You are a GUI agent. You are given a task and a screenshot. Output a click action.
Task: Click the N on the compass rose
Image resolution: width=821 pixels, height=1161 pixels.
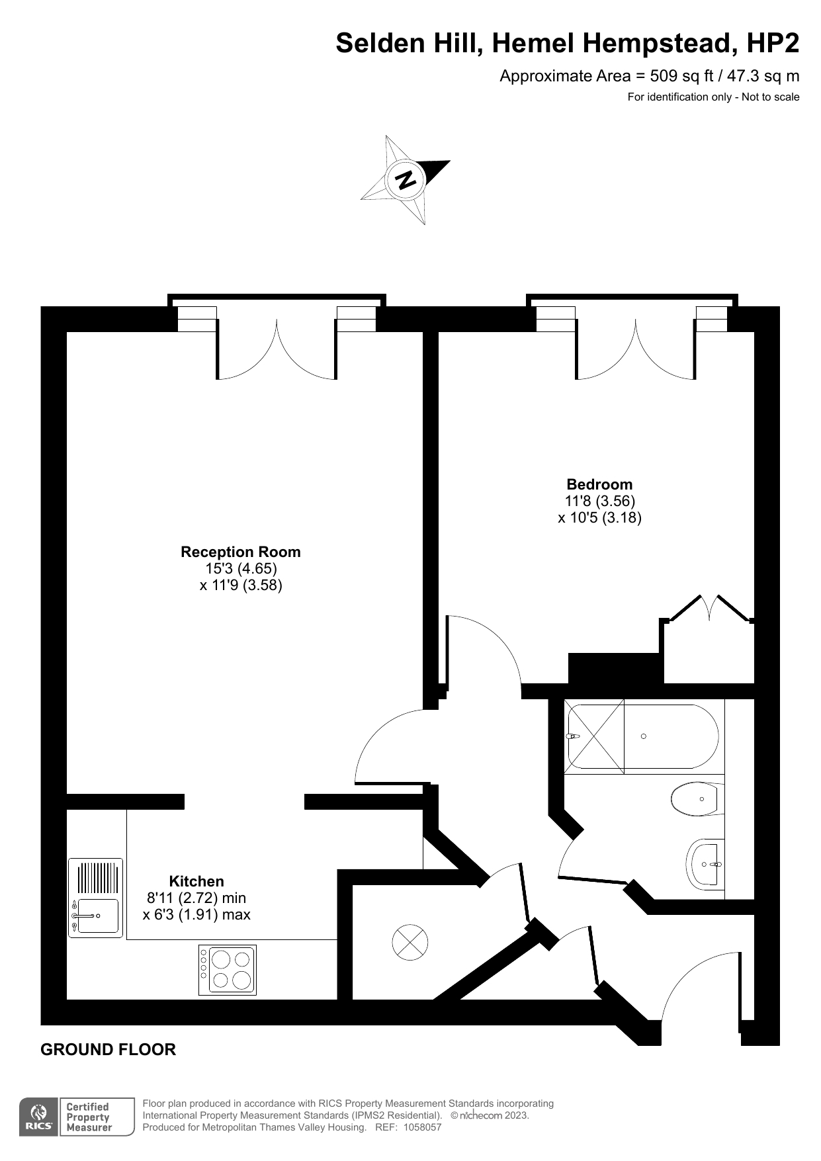pos(406,179)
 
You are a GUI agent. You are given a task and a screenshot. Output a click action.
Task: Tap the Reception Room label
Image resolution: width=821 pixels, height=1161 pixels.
pos(241,552)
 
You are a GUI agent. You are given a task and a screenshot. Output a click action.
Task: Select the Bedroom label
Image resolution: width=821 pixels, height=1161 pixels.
pos(599,484)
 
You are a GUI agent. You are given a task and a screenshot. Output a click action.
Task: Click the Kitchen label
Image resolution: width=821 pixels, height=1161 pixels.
pos(196,881)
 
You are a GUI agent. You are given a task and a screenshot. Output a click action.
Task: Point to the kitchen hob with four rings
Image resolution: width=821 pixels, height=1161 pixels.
pos(228,970)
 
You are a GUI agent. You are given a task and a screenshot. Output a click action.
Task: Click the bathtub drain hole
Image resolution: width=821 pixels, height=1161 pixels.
pos(644,736)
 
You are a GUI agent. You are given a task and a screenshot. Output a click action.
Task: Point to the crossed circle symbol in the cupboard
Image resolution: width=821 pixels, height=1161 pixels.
pos(410,942)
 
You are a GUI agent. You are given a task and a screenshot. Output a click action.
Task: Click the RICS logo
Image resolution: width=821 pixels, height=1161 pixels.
pos(39,1117)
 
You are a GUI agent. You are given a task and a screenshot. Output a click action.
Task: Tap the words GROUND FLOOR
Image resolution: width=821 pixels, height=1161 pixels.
pos(108,1050)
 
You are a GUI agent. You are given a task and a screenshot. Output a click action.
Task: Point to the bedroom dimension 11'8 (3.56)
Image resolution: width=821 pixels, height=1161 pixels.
pos(599,501)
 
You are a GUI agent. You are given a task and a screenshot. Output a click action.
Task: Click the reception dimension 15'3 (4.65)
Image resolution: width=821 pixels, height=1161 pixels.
pos(241,568)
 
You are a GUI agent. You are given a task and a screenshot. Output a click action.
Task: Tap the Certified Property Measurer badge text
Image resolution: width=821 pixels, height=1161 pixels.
pos(89,1117)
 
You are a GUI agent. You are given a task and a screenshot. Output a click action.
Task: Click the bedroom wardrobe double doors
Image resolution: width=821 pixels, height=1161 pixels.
pos(709,607)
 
